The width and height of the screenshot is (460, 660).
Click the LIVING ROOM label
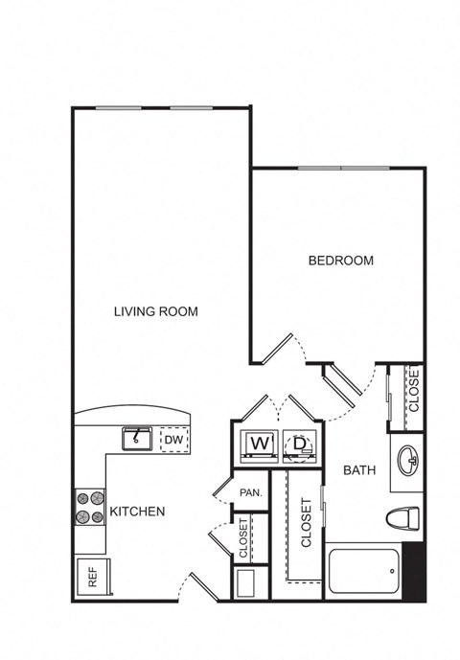pos(156,311)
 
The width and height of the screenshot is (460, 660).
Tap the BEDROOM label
pos(341,261)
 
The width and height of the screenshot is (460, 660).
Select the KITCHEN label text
pos(137,512)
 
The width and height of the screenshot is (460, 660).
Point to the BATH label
pos(359,470)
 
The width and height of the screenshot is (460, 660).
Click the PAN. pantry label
pos(251,492)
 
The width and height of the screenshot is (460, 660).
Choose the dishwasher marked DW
pos(174,440)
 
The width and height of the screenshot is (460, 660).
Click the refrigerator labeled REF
pos(94,577)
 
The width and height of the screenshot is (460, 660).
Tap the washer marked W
pos(259,445)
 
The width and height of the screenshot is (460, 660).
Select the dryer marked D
pos(300,445)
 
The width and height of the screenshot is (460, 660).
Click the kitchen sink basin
pos(137,439)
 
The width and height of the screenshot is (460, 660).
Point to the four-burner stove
pos(90,507)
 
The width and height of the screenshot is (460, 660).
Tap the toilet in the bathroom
pos(402,517)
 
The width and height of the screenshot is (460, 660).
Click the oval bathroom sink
pos(408,462)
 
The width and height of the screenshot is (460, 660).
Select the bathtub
pos(363,571)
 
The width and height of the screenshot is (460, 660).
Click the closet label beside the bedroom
pos(414,390)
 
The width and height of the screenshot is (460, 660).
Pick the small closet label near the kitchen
pos(243,538)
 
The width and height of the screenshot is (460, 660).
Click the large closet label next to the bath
pos(307,523)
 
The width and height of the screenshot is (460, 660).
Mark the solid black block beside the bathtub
pos(413,571)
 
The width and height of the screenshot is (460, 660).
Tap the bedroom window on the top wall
pos(344,169)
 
